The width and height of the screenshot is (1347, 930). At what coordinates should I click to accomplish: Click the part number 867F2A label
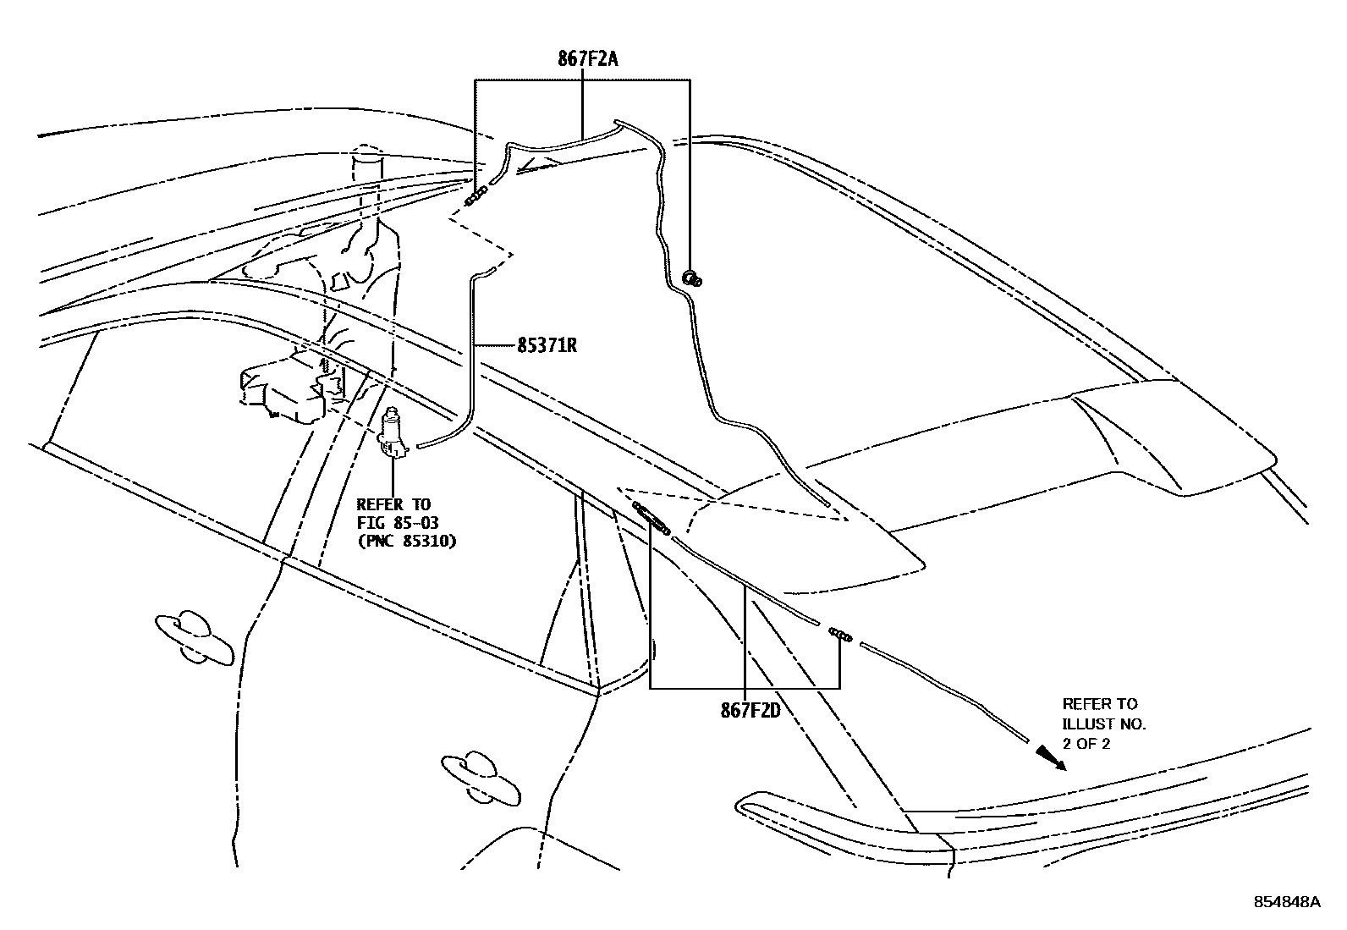pos(587,59)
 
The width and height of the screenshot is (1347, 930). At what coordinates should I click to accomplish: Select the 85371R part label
pos(547,345)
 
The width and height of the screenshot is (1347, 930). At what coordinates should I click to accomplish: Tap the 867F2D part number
pos(750,711)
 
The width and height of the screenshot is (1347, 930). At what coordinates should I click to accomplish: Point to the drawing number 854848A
pos(1286,902)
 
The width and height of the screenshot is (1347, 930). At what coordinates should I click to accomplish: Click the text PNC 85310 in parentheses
pos(407,542)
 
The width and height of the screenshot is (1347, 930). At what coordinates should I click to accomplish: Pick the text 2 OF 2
pos(1086,745)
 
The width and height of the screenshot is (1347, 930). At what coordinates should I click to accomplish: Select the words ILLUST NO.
pos(1104,724)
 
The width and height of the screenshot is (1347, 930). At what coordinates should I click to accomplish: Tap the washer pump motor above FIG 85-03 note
pos(393,432)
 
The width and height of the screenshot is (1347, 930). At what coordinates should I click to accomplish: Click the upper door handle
pos(194,636)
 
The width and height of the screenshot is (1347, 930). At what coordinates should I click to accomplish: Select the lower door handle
pos(480,778)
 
